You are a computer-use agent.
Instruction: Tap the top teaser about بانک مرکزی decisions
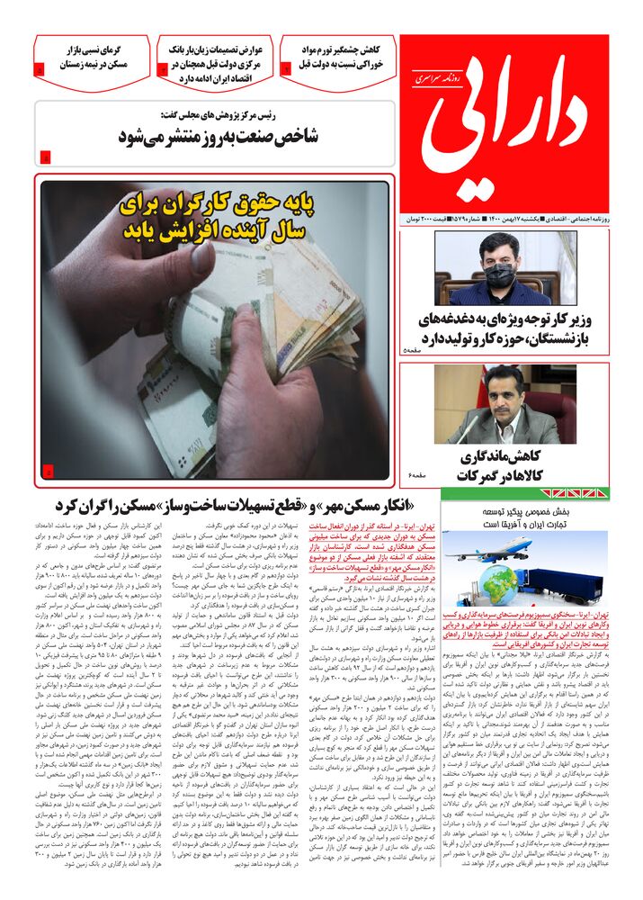(x=213, y=64)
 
